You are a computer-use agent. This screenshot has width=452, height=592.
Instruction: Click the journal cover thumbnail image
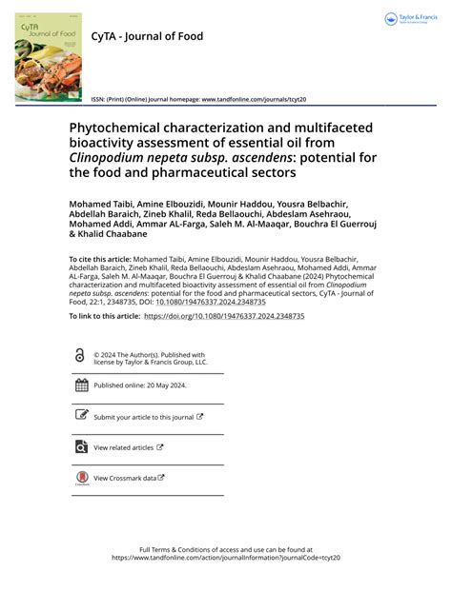[49, 56]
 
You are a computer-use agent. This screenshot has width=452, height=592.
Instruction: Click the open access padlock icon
[80, 355]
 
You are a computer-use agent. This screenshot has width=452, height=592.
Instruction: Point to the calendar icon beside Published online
[81, 385]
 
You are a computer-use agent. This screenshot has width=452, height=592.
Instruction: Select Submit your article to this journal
[143, 417]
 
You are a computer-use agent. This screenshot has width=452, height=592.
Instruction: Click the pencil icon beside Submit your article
[81, 417]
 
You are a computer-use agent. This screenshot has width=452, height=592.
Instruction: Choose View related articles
[123, 447]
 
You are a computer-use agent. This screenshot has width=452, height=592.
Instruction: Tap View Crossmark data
[125, 478]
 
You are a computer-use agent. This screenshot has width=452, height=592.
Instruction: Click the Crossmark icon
[81, 479]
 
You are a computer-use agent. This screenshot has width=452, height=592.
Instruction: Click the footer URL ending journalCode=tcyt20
[226, 559]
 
